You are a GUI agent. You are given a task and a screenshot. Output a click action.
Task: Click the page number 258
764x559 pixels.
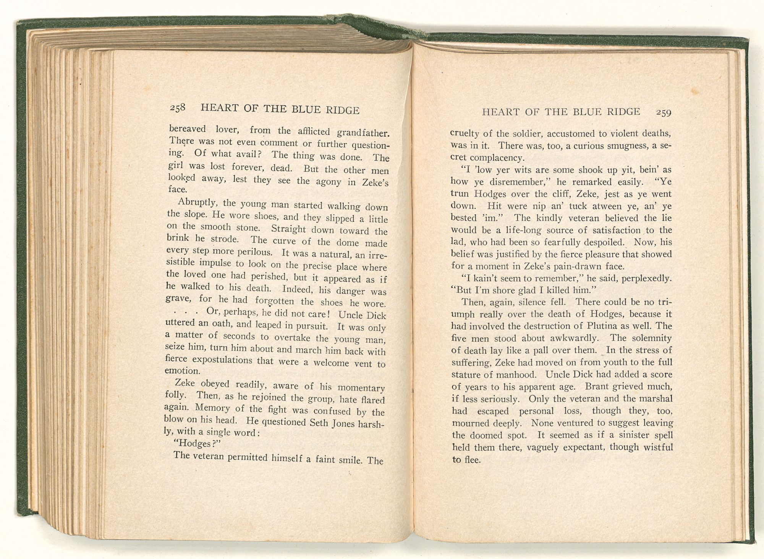[178, 108]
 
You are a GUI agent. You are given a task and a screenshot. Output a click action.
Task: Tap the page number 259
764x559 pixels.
[664, 112]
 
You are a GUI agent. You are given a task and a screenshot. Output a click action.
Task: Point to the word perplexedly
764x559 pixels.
[646, 278]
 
